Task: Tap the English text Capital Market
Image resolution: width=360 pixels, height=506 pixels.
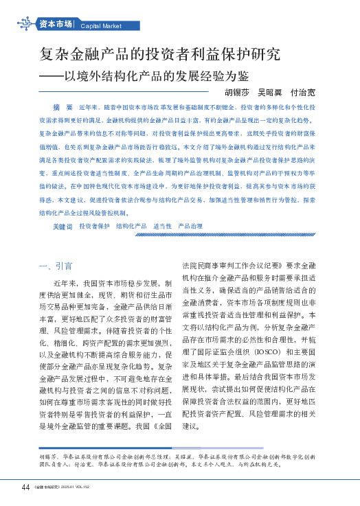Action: (101, 26)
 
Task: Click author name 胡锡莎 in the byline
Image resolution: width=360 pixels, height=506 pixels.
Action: (238, 92)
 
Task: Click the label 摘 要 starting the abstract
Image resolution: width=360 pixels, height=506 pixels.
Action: (63, 108)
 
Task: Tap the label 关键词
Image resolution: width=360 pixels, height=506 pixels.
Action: (63, 226)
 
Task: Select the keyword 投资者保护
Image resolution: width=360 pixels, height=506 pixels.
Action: (94, 226)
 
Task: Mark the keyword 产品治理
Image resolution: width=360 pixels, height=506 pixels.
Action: (190, 226)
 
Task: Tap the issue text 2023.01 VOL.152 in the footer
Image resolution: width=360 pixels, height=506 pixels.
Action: (85, 488)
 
